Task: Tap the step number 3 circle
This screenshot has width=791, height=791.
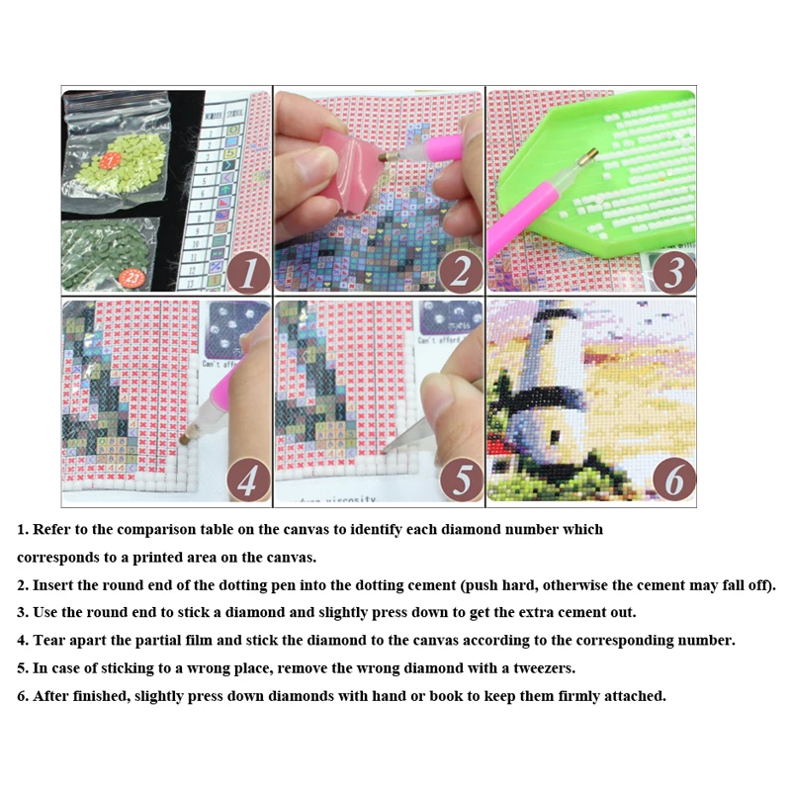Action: tap(672, 269)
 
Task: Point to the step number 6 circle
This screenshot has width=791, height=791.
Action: tap(672, 481)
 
